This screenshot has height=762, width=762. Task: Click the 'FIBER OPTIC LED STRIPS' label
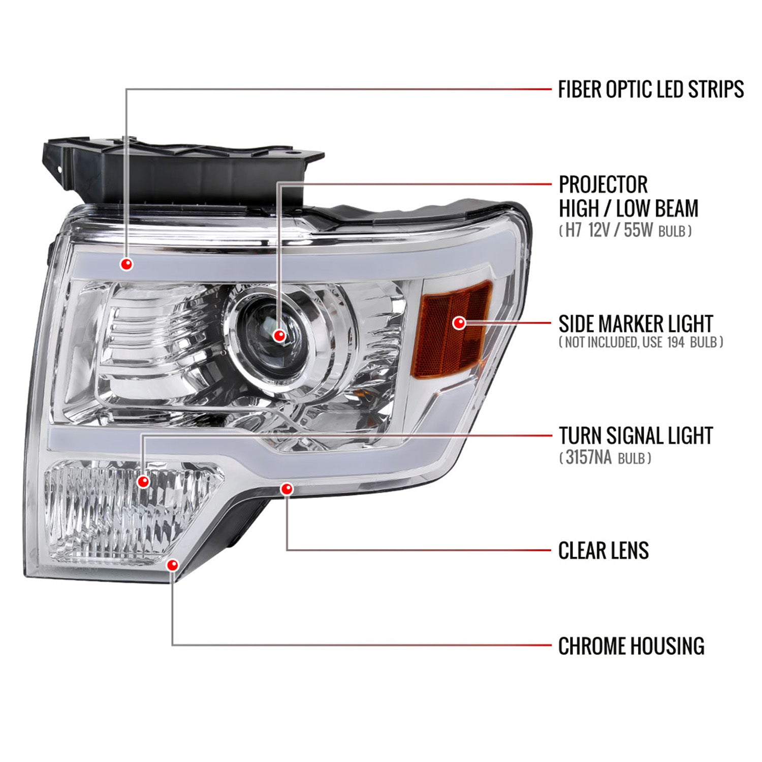pos(650,89)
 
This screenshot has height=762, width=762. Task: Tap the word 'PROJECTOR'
pos(603,184)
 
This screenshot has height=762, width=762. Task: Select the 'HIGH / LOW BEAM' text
pos(628,208)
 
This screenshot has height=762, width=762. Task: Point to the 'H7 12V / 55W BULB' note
pos(625,231)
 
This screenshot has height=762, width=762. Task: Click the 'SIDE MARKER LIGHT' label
pos(636,324)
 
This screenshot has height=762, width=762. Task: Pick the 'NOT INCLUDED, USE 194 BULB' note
pos(640,342)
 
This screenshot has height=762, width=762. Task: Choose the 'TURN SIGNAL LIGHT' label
pos(636,436)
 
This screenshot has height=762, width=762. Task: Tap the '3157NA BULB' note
pos(605,458)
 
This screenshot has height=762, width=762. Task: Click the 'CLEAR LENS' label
pos(604,551)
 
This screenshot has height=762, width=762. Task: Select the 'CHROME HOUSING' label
pos(631,646)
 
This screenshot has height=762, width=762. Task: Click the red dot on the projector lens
pos(279,335)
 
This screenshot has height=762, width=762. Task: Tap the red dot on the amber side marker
pos(459,323)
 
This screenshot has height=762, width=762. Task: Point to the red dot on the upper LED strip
pos(126,264)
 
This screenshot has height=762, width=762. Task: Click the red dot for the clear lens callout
pos(287,489)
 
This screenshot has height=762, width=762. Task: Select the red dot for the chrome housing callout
pos(173,565)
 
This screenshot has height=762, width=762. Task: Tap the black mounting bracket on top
pos(183,168)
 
